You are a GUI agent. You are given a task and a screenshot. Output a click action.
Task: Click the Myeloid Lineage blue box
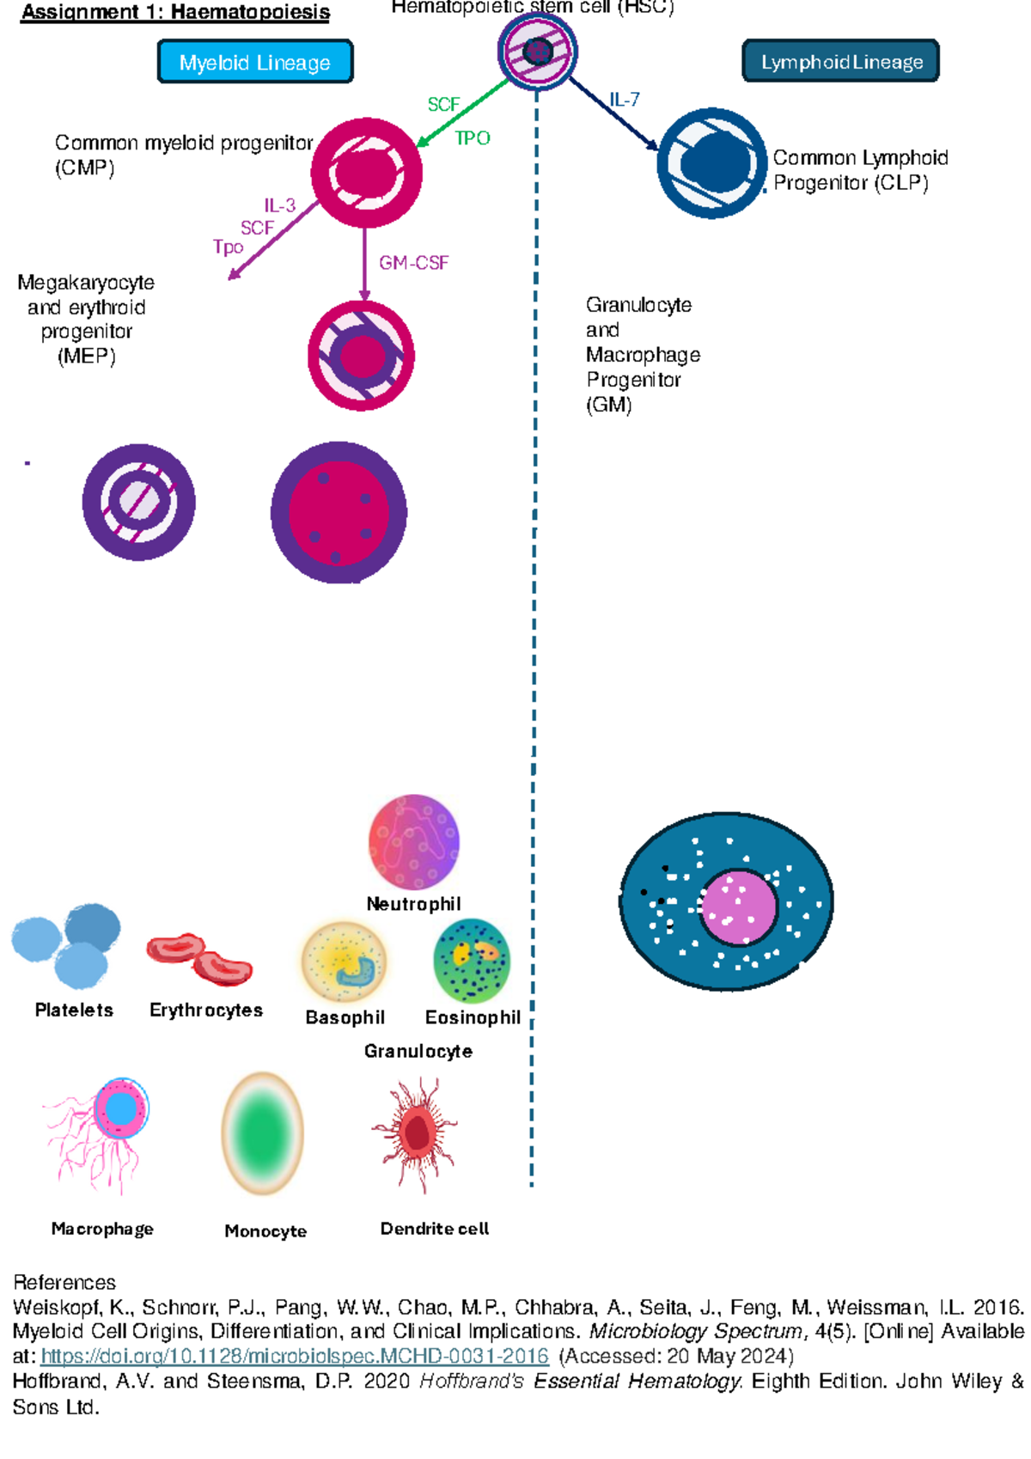click(x=255, y=62)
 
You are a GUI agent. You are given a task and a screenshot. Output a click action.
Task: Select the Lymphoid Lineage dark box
click(x=840, y=61)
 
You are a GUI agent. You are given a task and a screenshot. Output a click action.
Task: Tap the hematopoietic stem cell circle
click(x=538, y=52)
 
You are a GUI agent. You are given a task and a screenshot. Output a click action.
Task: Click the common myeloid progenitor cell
click(x=367, y=173)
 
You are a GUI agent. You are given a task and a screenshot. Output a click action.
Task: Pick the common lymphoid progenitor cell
click(x=711, y=163)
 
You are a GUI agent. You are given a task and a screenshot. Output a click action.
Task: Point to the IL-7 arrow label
click(x=625, y=100)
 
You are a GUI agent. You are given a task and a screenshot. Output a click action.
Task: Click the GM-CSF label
click(x=413, y=263)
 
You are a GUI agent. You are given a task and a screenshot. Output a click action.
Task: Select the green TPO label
click(x=472, y=138)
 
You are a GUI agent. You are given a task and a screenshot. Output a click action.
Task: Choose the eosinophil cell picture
click(x=472, y=961)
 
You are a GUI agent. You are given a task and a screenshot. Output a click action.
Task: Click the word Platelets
click(x=74, y=1010)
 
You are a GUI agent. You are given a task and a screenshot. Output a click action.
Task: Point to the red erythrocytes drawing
click(x=199, y=958)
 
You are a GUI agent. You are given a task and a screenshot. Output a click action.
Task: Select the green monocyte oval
click(x=263, y=1133)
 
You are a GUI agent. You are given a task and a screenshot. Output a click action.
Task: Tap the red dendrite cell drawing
click(x=416, y=1133)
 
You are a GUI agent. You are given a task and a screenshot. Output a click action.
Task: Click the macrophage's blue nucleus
click(x=121, y=1109)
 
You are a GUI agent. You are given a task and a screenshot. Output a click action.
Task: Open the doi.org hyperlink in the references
click(x=295, y=1356)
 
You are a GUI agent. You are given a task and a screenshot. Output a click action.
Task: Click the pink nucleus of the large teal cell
click(x=738, y=907)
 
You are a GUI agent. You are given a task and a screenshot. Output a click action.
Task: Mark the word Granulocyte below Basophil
click(x=418, y=1052)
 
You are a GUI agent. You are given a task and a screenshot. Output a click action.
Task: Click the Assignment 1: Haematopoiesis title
click(x=175, y=12)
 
